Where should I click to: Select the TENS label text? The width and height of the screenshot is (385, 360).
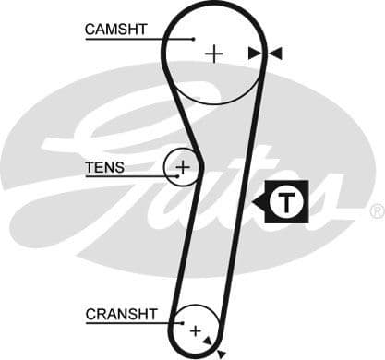[104, 168]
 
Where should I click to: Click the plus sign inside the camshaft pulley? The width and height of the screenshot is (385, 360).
[214, 54]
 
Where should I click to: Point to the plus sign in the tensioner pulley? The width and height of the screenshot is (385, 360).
[183, 167]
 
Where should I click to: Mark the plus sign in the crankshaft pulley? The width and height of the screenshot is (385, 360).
[195, 329]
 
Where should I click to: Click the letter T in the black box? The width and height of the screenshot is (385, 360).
[290, 203]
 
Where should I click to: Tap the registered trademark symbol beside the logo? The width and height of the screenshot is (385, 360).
[377, 211]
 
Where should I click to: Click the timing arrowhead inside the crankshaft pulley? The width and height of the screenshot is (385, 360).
[210, 339]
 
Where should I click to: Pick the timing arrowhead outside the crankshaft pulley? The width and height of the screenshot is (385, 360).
[221, 353]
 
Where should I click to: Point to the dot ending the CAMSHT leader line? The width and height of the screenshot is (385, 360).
[193, 39]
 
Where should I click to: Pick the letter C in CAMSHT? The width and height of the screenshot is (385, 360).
[90, 30]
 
